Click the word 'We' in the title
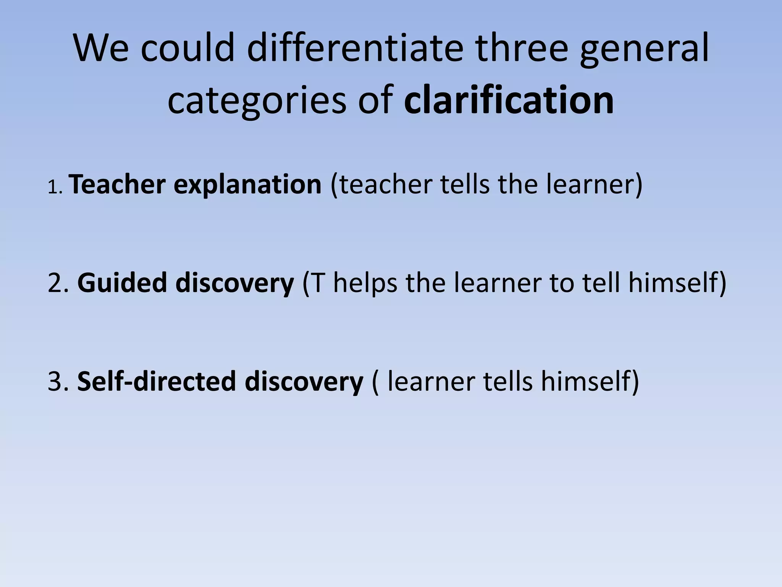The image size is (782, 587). click(x=101, y=49)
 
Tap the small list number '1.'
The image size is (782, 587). click(x=55, y=188)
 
